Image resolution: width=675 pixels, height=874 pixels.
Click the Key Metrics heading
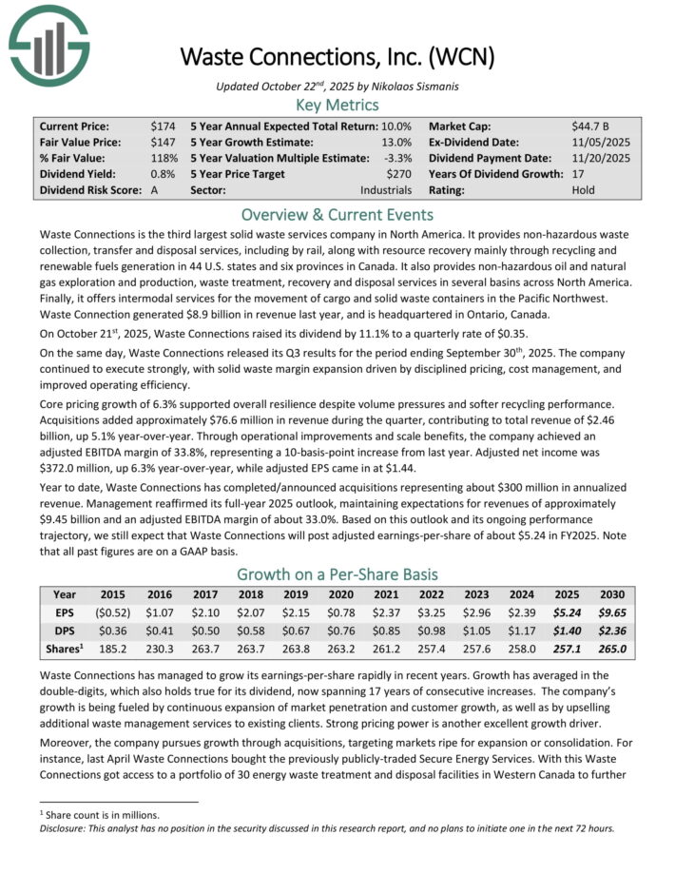point(337,105)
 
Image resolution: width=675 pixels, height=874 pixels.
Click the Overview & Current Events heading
point(337,214)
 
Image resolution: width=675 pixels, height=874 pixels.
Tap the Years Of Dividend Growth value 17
point(579,174)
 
